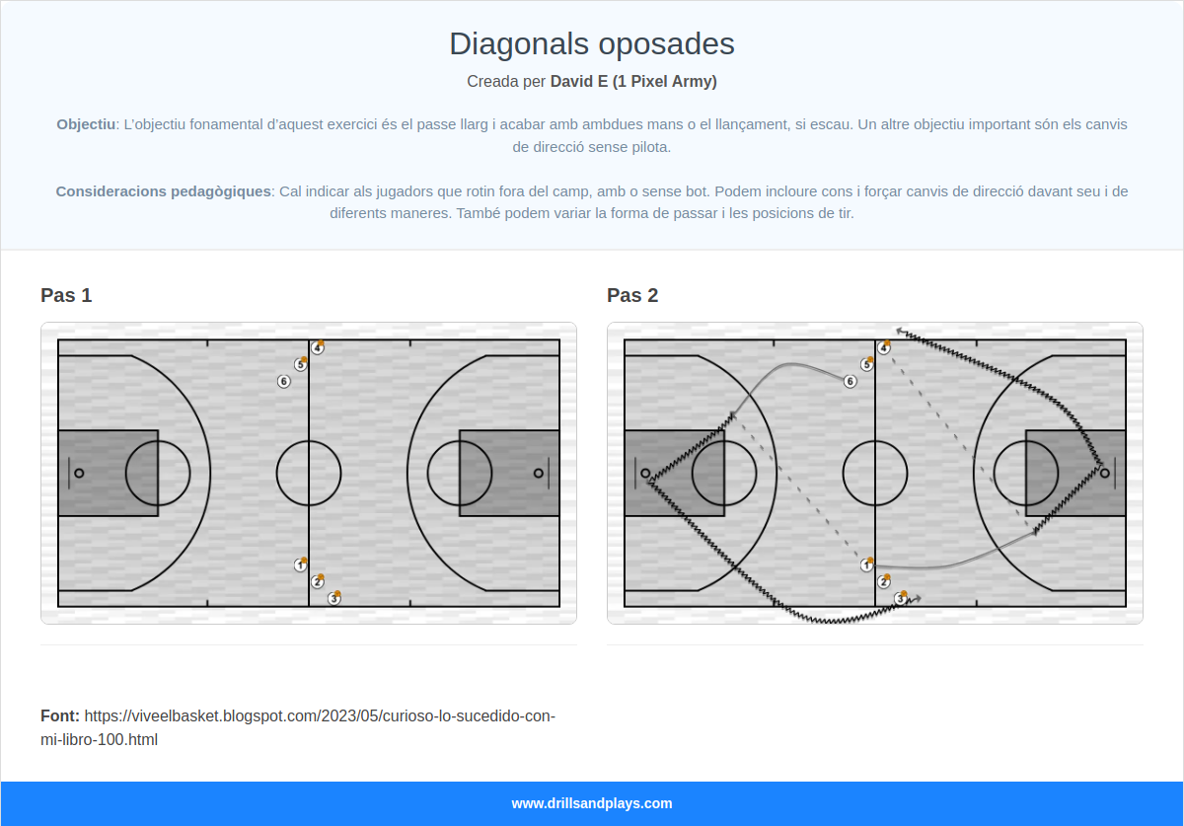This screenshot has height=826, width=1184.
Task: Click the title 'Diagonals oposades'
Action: (x=591, y=43)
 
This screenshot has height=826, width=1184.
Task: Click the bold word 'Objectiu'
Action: (x=86, y=124)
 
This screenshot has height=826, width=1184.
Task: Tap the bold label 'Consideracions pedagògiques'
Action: (x=164, y=190)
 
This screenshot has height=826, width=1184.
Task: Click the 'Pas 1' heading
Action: (x=66, y=295)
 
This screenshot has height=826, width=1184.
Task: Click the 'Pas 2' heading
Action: (x=632, y=295)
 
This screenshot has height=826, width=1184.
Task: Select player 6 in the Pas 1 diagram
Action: (x=284, y=381)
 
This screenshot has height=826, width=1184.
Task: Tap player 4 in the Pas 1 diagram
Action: (x=317, y=347)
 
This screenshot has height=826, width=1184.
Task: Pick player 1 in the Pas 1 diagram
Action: (x=300, y=565)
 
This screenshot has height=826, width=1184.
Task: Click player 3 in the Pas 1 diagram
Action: (x=334, y=598)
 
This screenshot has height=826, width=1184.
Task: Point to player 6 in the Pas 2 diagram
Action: (x=850, y=381)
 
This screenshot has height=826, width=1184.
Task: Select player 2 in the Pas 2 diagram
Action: (x=884, y=581)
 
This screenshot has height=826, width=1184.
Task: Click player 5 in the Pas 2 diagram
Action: (x=867, y=364)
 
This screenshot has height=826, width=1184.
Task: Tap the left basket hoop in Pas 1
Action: (x=79, y=474)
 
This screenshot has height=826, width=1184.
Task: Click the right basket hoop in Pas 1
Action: (x=538, y=474)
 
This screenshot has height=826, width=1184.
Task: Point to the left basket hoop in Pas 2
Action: (x=645, y=474)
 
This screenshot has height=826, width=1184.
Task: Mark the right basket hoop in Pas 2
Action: (x=1105, y=474)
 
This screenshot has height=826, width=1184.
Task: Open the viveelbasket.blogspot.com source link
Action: (x=298, y=727)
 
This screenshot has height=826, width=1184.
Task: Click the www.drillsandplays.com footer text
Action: (x=592, y=803)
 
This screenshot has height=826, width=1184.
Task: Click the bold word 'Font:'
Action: (x=60, y=716)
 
